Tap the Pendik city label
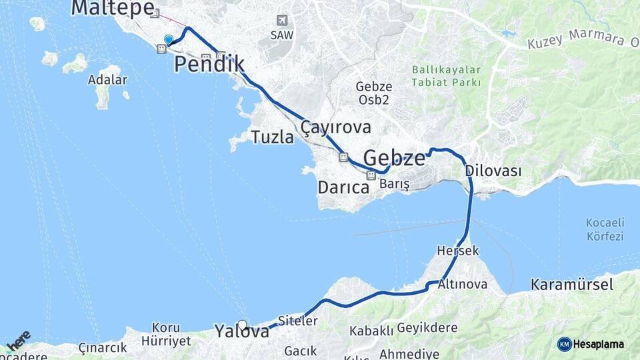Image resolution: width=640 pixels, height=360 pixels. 209,65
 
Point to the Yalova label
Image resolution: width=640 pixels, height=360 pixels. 241,331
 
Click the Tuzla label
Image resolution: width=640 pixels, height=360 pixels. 272,137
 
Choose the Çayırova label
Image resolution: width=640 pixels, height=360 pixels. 335,127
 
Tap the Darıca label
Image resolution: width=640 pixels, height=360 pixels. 343,188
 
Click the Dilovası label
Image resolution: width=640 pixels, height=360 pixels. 493,171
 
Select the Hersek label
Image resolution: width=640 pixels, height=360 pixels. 458,251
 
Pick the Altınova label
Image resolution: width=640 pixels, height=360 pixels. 463,284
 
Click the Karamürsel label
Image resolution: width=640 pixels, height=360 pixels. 572,285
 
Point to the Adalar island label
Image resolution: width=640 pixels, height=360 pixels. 107,80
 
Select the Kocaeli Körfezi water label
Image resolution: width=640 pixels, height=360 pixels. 604,229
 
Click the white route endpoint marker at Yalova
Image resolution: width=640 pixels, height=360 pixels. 243,325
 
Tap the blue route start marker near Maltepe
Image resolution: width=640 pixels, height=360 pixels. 168,40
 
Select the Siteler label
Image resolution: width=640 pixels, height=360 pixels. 297,321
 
